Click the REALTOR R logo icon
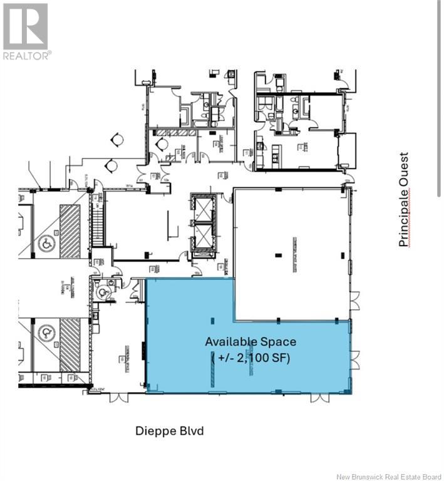click(25, 26)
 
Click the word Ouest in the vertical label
click(404, 169)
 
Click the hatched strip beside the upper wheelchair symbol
click(70, 230)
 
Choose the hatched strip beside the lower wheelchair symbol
click(70, 344)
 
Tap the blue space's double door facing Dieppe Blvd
click(320, 398)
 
